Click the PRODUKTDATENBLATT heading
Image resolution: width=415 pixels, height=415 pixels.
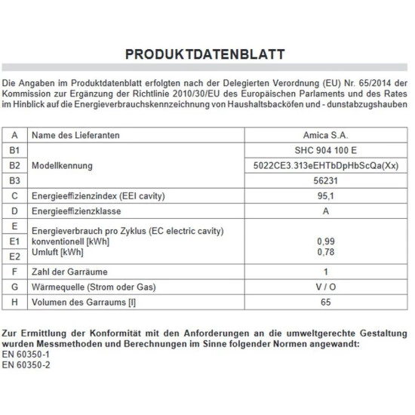205,55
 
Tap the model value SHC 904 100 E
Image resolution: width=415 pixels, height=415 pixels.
324,149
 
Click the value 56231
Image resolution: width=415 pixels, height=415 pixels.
324,181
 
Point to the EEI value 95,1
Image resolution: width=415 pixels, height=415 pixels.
324,196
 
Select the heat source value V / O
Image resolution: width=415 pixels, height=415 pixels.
324,287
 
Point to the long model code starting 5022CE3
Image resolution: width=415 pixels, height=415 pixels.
324,165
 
